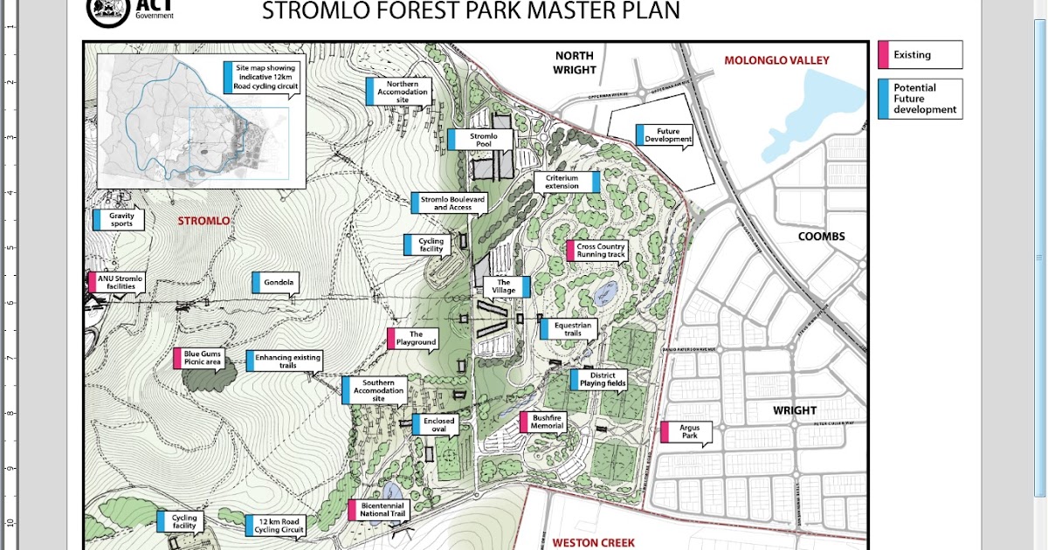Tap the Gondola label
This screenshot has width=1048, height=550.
(279, 283)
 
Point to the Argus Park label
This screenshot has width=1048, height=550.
(689, 431)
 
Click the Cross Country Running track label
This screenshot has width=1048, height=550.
(600, 251)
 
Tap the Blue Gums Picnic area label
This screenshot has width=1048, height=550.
(201, 357)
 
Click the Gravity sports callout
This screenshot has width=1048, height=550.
(120, 219)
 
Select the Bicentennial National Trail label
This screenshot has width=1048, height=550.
(381, 509)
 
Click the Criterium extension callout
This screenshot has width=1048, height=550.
(564, 182)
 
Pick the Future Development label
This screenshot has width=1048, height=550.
(667, 134)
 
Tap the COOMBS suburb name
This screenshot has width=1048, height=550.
(821, 237)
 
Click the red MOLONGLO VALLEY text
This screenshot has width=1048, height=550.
(776, 60)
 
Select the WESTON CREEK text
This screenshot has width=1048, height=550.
(593, 542)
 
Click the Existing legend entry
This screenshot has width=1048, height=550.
(920, 55)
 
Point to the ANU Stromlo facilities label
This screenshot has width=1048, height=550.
(120, 282)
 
